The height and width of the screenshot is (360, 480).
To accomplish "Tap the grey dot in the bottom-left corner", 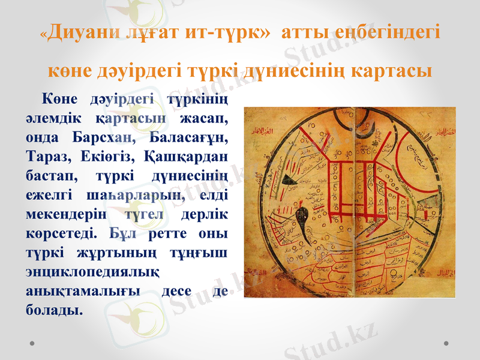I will [x=32, y=343].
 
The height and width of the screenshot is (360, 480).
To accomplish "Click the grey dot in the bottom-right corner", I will [x=446, y=343].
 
